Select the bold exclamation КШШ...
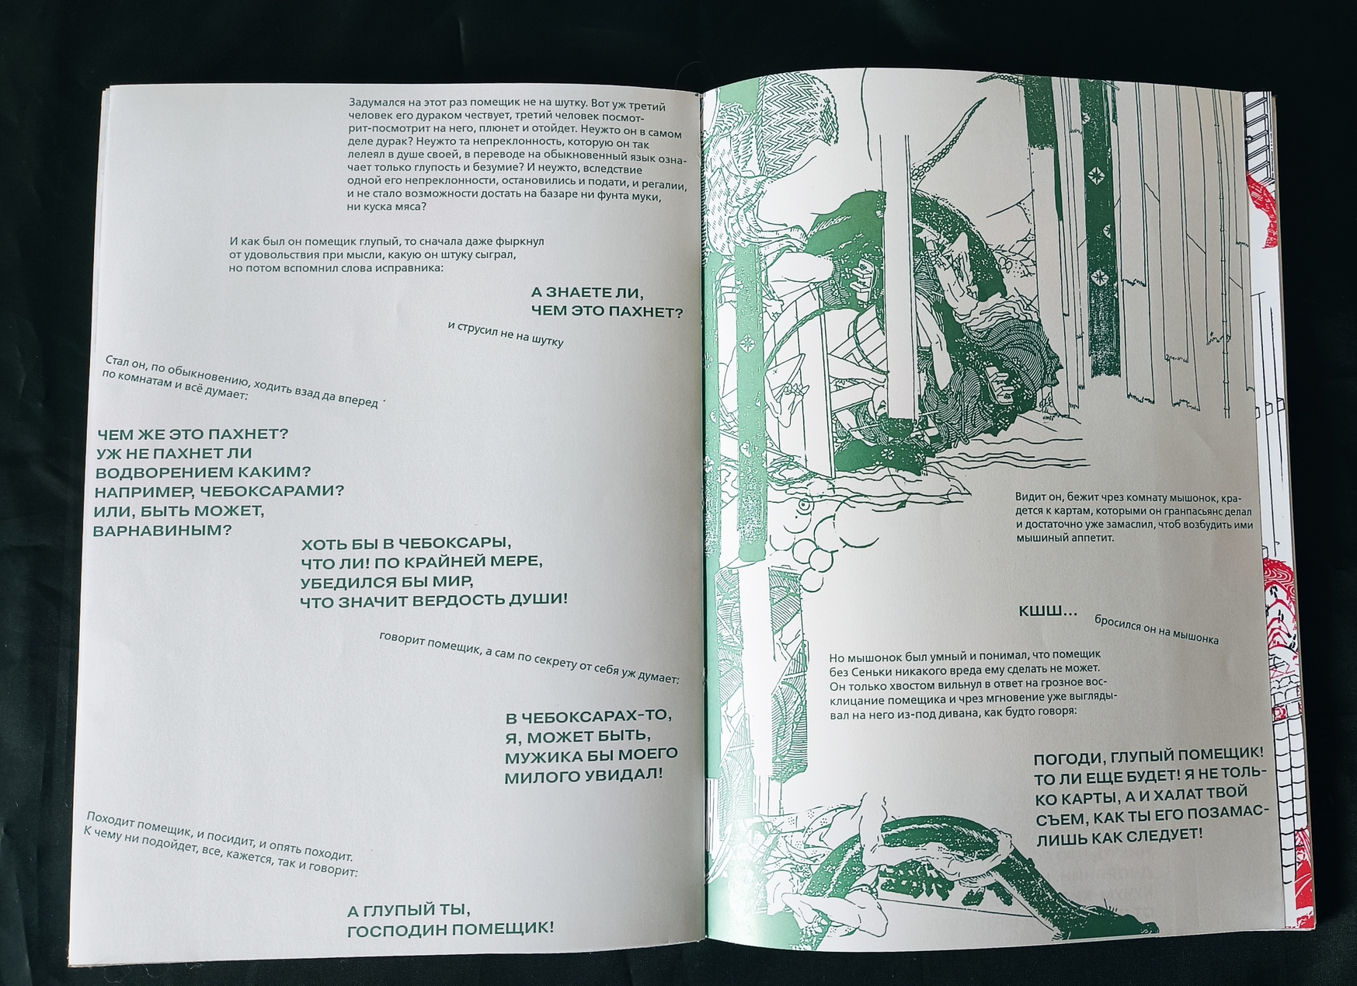click(x=1048, y=612)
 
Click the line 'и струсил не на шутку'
click(x=506, y=333)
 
